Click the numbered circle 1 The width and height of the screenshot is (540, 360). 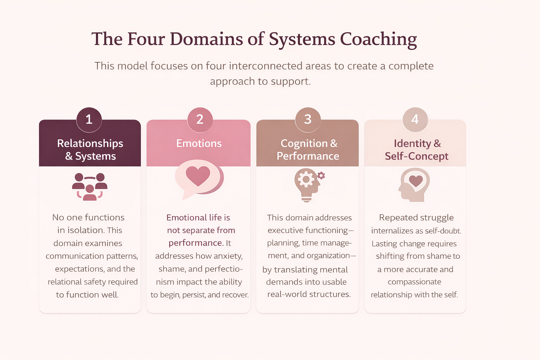[89, 120]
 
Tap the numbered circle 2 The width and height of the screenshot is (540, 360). [200, 120]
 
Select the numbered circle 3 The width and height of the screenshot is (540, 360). [308, 120]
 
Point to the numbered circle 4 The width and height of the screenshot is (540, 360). [415, 120]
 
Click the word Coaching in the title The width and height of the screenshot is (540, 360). [378, 39]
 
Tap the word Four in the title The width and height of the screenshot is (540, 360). [146, 39]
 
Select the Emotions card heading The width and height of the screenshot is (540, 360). [199, 143]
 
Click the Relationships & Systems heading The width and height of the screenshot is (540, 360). [90, 149]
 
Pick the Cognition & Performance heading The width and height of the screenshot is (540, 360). [308, 149]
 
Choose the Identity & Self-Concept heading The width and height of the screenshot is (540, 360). [417, 149]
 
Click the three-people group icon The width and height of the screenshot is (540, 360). [90, 186]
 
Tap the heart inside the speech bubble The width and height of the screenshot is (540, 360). [198, 176]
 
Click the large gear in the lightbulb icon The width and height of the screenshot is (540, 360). [306, 180]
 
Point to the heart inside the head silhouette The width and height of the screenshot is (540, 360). [416, 181]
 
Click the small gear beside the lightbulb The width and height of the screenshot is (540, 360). [321, 175]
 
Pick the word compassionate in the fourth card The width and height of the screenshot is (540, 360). [414, 282]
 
